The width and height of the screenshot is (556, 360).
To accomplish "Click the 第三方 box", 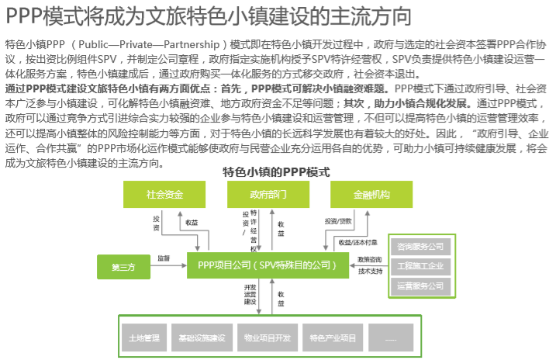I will tap(123, 266).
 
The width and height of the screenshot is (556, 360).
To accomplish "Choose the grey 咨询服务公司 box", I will tap(420, 247).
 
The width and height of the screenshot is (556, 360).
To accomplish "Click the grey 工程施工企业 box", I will tap(420, 266).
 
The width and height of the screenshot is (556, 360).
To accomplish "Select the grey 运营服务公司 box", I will tap(420, 286).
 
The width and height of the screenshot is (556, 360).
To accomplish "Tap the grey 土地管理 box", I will tap(144, 337).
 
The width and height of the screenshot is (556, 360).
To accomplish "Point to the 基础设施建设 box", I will tap(201, 337).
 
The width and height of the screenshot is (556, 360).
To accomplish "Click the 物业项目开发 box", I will tap(267, 337).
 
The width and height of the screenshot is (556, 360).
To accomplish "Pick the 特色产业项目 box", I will tap(332, 337).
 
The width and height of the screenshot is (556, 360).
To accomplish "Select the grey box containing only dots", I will tap(390, 337).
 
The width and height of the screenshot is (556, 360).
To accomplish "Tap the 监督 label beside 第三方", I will tap(164, 258).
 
